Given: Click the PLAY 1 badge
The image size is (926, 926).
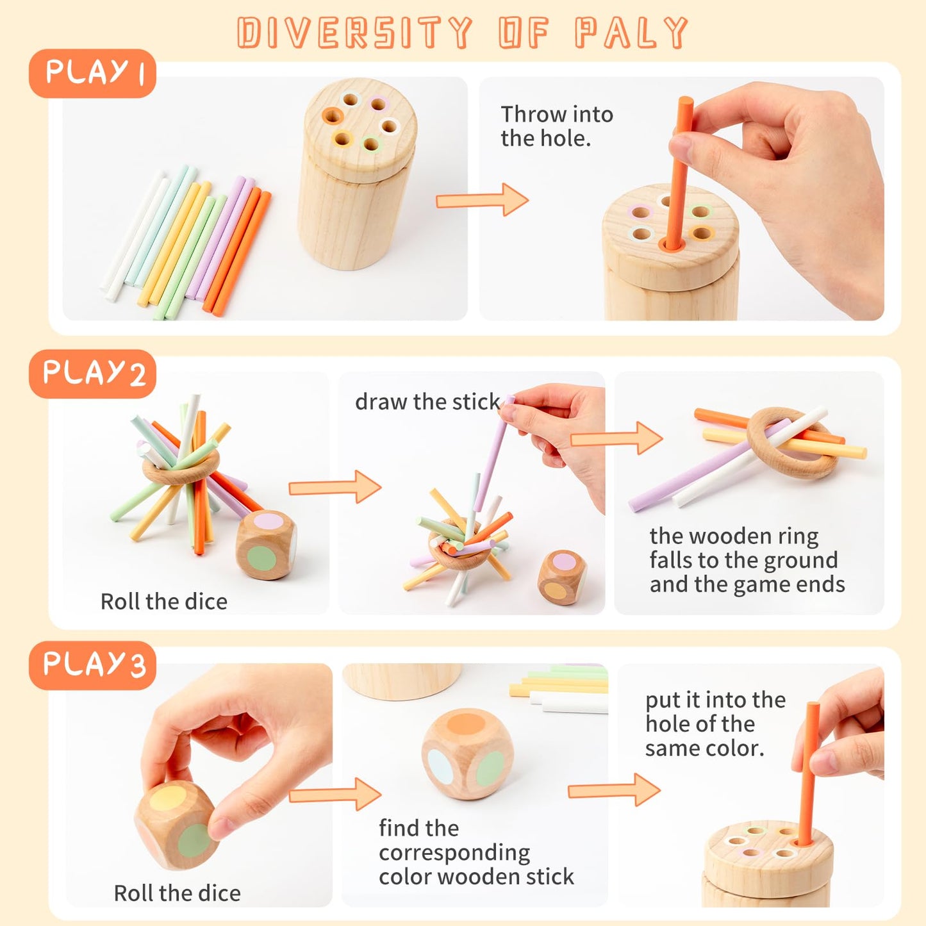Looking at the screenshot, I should click(92, 73).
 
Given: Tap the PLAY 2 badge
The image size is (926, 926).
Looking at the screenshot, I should click(92, 374).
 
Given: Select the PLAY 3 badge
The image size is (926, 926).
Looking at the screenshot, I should click(92, 665).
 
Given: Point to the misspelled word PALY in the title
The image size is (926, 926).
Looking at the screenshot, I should click(631, 33).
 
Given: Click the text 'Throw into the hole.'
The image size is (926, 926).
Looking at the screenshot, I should click(556, 126).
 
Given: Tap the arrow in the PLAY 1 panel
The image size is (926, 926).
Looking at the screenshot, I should click(482, 200).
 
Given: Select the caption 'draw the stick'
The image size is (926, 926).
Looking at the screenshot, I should click(427, 402).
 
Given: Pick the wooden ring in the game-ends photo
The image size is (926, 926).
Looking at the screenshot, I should click(792, 442).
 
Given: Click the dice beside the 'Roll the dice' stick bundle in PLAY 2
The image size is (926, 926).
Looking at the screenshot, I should click(265, 545).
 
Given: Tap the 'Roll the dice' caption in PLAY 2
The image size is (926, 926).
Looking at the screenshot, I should click(164, 601).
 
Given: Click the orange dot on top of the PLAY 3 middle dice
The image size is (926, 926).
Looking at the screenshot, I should click(466, 724).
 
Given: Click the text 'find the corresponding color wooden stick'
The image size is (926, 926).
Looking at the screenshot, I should click(475, 852).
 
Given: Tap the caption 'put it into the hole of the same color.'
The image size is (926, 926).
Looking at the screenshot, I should click(715, 724).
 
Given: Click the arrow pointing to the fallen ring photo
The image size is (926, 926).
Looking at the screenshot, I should click(616, 438).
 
